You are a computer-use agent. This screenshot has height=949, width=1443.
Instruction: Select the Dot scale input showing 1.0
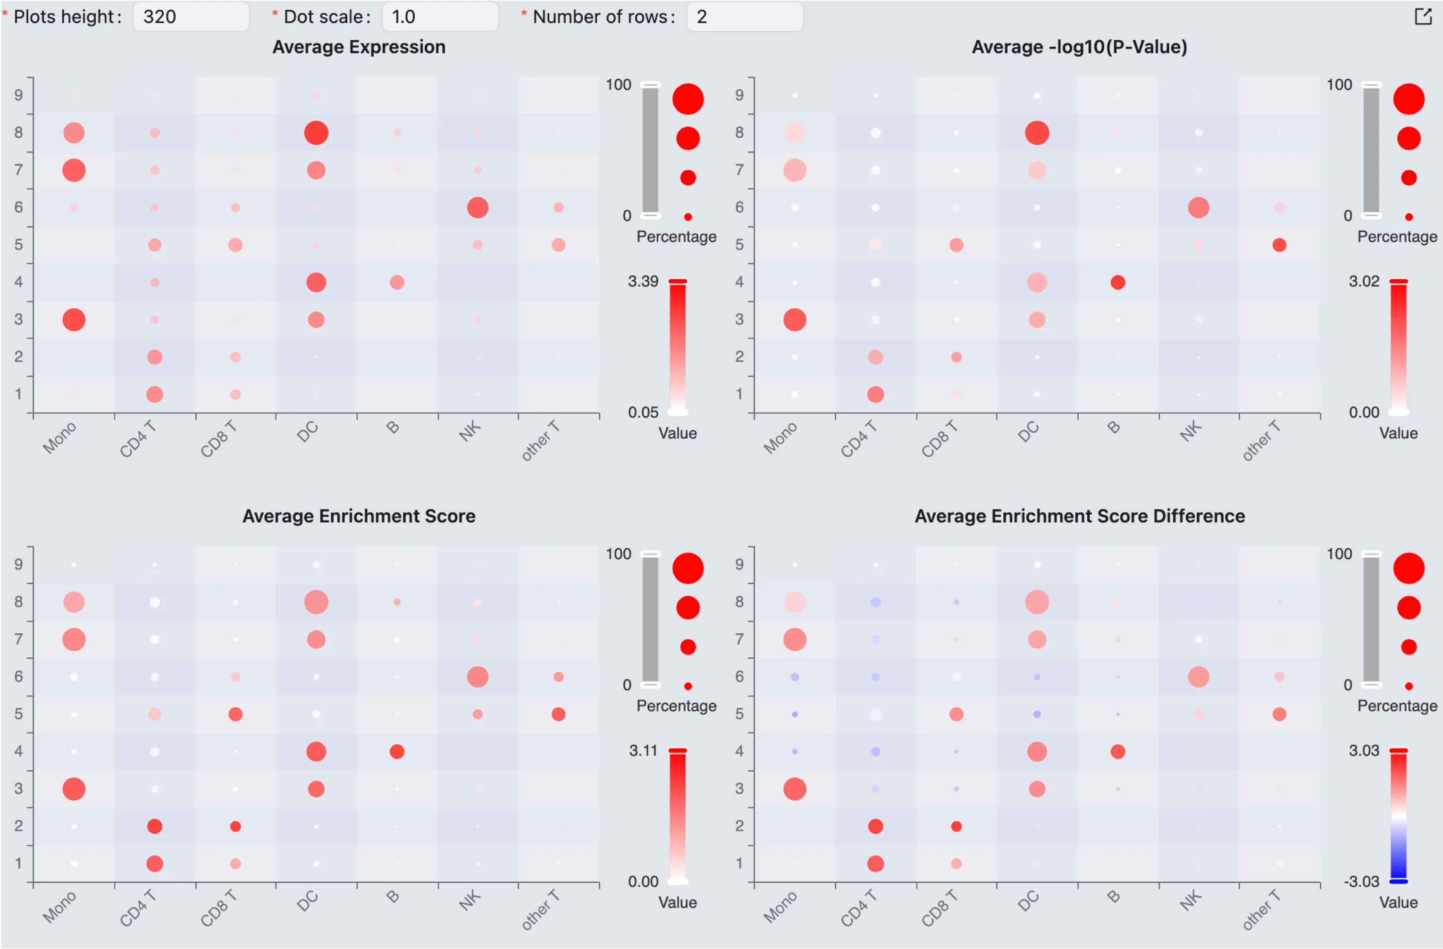pos(440,17)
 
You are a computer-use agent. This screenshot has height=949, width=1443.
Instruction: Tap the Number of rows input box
pos(744,17)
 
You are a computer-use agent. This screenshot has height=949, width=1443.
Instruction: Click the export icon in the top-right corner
pos(1422,17)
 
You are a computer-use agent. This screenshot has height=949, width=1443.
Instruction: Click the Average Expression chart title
pos(359,47)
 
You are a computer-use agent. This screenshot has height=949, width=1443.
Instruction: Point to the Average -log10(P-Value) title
pos(1079,47)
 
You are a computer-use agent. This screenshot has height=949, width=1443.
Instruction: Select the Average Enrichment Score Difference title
pos(1079,516)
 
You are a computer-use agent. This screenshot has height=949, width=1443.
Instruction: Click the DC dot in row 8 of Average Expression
pos(316,133)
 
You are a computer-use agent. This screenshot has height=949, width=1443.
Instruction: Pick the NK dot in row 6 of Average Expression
pos(478,207)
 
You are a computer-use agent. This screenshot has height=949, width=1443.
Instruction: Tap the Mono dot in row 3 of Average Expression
pos(74,319)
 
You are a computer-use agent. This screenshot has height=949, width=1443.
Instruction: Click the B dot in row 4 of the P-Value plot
pos(1117,282)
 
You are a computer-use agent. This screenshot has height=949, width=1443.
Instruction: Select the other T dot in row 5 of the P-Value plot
pos(1279,245)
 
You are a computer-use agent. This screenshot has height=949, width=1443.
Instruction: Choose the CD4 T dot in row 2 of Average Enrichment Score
pos(155,826)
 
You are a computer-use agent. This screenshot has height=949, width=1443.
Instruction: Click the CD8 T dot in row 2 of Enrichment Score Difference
pos(956,826)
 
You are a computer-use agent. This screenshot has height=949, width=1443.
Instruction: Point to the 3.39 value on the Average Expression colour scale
pos(643,281)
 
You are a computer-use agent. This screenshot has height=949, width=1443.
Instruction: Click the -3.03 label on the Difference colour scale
pos(1361,881)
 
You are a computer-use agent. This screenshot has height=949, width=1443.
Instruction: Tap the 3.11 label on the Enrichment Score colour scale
pos(643,751)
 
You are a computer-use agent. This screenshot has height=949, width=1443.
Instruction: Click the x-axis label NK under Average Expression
pos(470,431)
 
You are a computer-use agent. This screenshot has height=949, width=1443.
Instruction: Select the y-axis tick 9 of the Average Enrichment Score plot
pos(19,564)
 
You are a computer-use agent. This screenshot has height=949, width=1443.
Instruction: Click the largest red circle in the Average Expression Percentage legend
pos(688,99)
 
